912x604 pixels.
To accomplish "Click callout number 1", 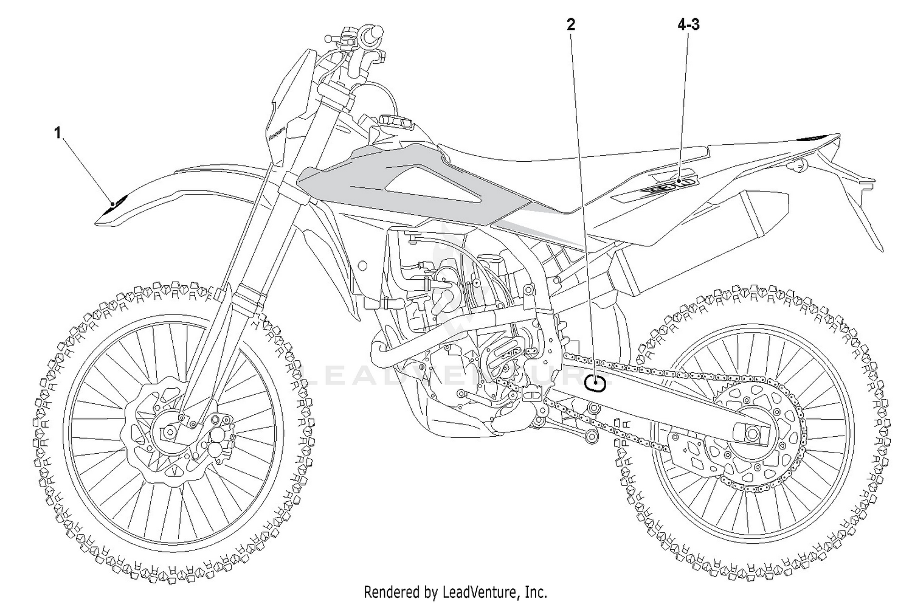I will (58, 132).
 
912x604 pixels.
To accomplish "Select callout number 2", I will (570, 24).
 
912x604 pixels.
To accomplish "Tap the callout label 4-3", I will (688, 24).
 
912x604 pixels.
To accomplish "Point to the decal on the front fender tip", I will (114, 204).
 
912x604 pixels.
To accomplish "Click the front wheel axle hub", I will (170, 432).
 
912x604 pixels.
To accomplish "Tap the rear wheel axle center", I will (752, 434).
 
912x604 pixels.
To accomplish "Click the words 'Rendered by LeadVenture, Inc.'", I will (455, 591).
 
